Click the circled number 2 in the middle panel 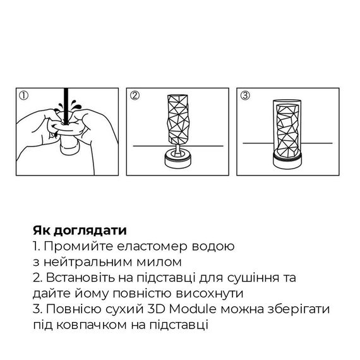coord(135,96)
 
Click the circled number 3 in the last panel coord(245,96)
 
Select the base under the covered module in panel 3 coord(289,162)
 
